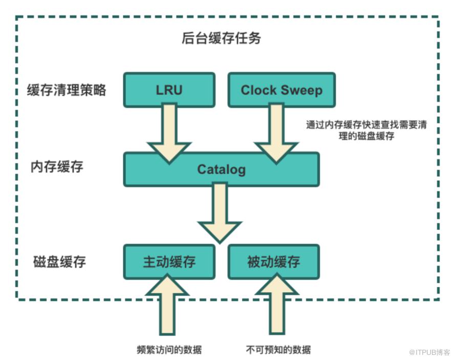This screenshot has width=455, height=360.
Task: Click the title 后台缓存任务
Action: pos(221,38)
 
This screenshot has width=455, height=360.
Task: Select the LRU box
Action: pos(169,90)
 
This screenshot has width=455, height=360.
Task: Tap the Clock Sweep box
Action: pos(281,90)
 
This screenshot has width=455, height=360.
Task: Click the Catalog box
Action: pos(221,169)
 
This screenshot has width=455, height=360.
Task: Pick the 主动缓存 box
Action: pos(169,262)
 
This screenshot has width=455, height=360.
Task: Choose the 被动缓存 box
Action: pos(273,262)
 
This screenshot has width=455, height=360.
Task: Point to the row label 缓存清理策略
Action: pos(67,90)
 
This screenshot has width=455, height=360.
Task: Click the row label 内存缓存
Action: pos(57,167)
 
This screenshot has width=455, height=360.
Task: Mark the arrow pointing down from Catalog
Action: pos(220,213)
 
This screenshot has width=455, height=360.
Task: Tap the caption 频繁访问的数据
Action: pos(169,350)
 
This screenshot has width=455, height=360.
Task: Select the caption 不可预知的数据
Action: pos(278,350)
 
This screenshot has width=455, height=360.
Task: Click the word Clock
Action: pos(258,90)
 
